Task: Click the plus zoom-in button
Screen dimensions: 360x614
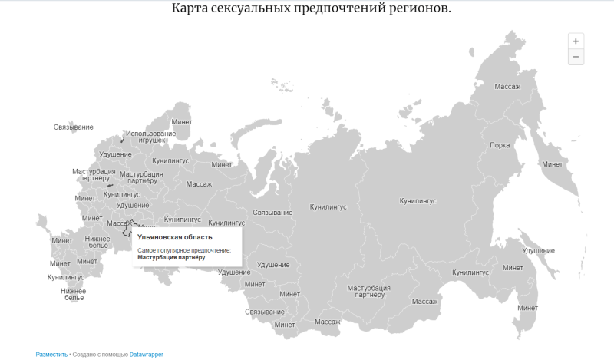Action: click(x=576, y=40)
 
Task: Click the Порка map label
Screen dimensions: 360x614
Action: click(x=500, y=145)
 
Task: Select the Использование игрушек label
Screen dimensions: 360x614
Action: click(x=150, y=137)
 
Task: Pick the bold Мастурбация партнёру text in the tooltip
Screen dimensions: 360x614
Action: click(x=172, y=258)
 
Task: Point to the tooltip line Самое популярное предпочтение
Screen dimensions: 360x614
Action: click(x=184, y=250)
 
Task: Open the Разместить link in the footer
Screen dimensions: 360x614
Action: click(x=51, y=355)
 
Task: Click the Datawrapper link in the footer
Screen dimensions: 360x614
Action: click(x=147, y=355)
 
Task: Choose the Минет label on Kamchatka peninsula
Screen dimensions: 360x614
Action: click(x=552, y=163)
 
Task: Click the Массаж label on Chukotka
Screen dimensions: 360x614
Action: click(x=507, y=87)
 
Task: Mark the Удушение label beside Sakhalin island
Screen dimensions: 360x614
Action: click(x=538, y=251)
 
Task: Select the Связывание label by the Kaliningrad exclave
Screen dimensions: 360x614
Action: click(x=74, y=127)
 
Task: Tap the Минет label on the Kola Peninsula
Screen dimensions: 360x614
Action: click(x=182, y=122)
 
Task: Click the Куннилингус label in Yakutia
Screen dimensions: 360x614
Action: click(x=418, y=200)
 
